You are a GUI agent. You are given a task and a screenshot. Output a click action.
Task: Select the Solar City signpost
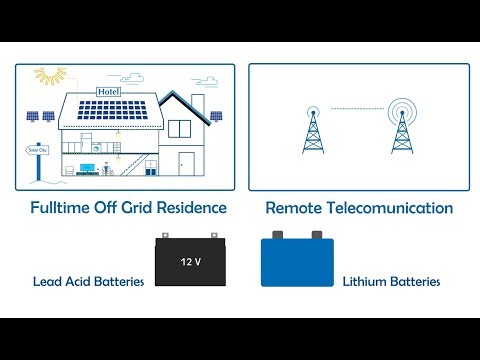pyautogui.click(x=36, y=151)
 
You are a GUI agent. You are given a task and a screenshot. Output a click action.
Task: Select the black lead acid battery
pyautogui.click(x=190, y=264)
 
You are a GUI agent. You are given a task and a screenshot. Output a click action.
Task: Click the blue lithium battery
pyautogui.click(x=298, y=264)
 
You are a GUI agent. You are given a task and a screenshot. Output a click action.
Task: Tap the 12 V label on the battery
pyautogui.click(x=190, y=263)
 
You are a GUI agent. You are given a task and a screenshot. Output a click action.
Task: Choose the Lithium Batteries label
pyautogui.click(x=392, y=282)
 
